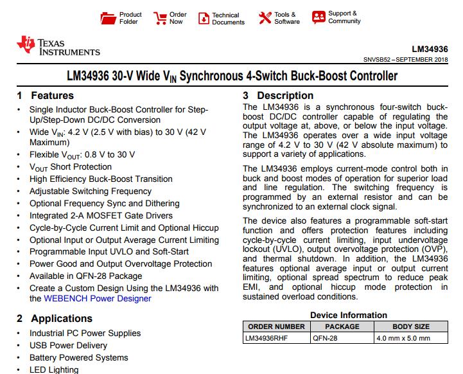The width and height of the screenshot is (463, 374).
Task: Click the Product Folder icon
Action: [x=109, y=18]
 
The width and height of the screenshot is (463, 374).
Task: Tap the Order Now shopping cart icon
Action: [x=160, y=18]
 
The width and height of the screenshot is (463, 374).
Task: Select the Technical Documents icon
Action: [x=204, y=18]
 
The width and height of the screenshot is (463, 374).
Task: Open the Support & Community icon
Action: [x=319, y=17]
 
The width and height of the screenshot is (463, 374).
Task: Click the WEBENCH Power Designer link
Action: [x=98, y=298]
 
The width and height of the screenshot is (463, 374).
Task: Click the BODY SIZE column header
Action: [x=411, y=326]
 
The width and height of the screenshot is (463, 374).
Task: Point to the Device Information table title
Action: [x=349, y=315]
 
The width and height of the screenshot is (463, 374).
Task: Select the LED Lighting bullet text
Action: [x=54, y=370]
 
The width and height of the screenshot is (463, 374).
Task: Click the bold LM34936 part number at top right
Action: [x=430, y=49]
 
